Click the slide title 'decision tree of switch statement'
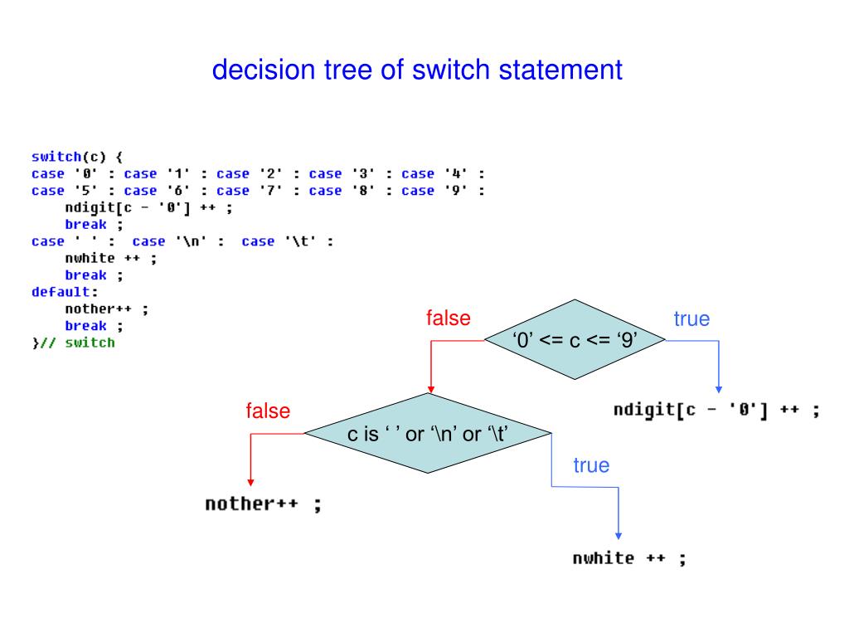tap(417, 70)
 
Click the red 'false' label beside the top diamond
tap(448, 318)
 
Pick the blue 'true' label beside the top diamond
tap(691, 319)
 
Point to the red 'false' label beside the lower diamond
tap(268, 411)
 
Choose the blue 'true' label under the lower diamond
tap(590, 465)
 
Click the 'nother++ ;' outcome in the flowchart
tap(263, 504)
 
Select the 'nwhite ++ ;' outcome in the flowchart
tap(629, 557)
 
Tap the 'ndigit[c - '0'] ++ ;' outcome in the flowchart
tap(717, 411)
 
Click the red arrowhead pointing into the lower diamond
tap(430, 389)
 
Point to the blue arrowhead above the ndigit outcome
tap(718, 388)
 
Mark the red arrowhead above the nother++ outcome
tap(250, 482)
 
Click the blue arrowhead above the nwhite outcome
tap(619, 536)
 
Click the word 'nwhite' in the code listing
tap(87, 257)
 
